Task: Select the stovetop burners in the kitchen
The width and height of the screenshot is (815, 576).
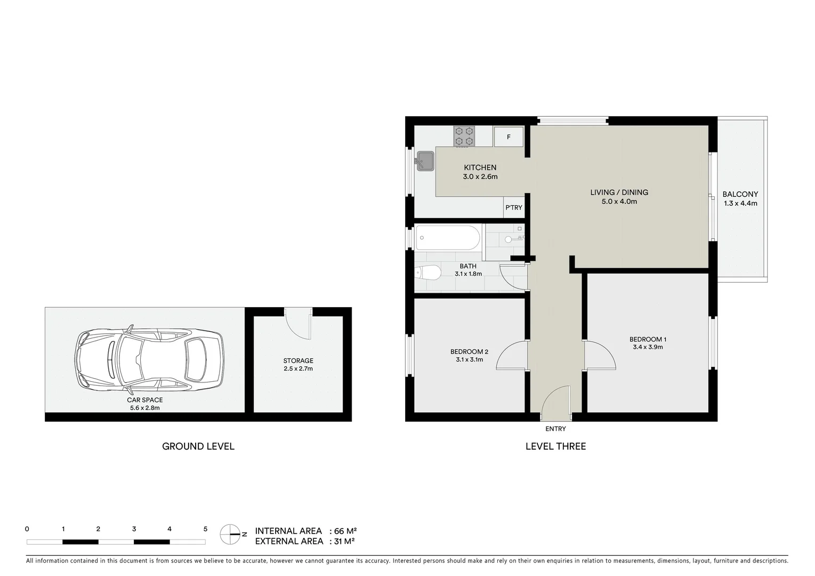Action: coord(464,136)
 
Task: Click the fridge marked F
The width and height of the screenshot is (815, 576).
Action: coord(509,137)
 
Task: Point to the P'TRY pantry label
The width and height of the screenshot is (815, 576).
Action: coord(514,207)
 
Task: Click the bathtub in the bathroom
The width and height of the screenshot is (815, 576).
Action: coord(448,237)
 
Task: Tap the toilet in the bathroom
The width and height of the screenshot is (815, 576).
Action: coord(428,273)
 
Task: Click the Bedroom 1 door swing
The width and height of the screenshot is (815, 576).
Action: coord(600,356)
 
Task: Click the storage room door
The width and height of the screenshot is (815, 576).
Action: coord(298,323)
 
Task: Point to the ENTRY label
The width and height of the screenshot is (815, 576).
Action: coord(555,429)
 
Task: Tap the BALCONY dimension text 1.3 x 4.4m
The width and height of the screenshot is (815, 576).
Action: coord(740,203)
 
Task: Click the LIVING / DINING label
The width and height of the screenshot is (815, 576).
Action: coord(619,192)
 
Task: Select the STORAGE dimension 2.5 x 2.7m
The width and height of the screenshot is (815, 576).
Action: coord(298,369)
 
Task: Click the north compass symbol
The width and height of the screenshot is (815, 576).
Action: coord(231,533)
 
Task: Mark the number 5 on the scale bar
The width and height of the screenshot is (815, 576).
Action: coord(205,529)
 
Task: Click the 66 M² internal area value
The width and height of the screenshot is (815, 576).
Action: coord(345,531)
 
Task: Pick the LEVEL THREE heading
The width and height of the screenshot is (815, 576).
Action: coord(555,446)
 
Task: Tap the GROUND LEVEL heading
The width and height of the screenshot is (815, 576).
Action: coord(198,446)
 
